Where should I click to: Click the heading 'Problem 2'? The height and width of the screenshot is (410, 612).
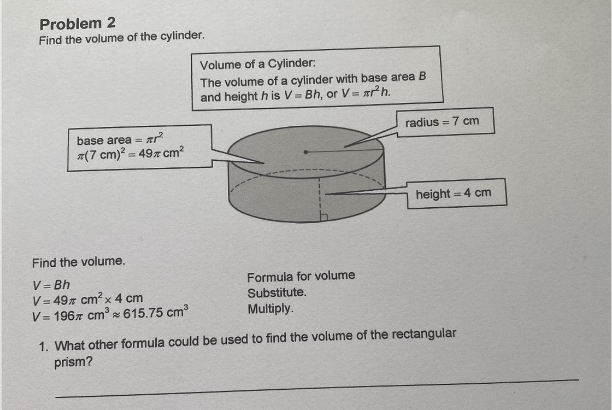(77, 24)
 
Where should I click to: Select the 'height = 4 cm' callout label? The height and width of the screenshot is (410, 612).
(453, 194)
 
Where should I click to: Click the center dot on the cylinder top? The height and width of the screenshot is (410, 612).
(306, 152)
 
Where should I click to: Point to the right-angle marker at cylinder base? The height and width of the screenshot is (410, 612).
(323, 217)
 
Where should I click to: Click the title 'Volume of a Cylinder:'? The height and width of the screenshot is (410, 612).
(257, 65)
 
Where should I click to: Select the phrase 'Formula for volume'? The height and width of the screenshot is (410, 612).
(301, 276)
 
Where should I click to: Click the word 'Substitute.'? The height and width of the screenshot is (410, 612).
(277, 292)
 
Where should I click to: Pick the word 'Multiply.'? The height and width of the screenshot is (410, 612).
(270, 309)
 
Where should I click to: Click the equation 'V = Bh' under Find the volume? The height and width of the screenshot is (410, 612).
(51, 285)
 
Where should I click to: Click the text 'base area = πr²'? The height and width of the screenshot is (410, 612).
(120, 140)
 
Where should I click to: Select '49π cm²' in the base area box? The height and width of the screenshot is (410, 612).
(159, 154)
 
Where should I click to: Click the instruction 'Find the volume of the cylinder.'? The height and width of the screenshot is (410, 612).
(122, 38)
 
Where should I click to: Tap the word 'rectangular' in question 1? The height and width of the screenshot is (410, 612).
(421, 335)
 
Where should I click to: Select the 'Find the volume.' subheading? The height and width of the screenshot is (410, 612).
(78, 262)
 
